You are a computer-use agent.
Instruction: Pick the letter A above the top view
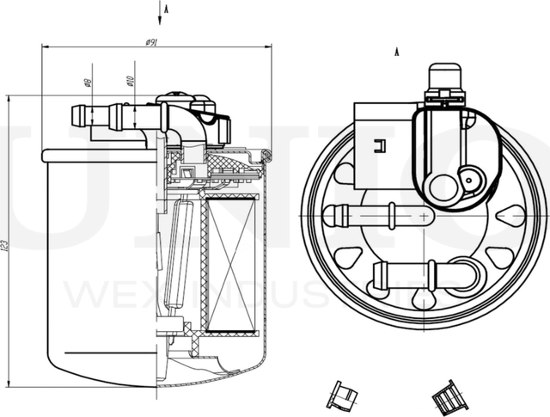pyautogui.click(x=398, y=53)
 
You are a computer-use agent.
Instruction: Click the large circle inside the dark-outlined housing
pyautogui.click(x=444, y=187)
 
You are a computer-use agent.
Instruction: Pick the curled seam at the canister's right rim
pyautogui.click(x=266, y=156)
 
